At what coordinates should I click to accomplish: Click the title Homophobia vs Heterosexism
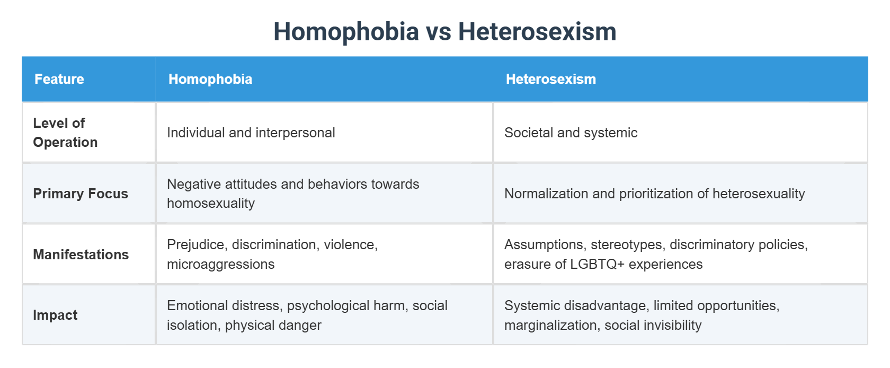coord(444,32)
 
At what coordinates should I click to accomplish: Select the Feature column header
coord(59,79)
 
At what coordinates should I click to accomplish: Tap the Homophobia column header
coord(210,79)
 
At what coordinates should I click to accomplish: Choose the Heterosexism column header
coord(550,79)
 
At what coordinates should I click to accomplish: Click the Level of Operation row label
coord(65,133)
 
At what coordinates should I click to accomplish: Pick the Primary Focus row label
coord(81,194)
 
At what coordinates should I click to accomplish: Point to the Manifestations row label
coord(81,255)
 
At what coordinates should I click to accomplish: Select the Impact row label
coord(55,315)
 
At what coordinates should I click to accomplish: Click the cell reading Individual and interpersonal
coord(251,133)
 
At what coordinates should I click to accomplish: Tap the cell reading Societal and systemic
coord(571,133)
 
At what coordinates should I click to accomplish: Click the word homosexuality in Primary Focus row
coord(211,204)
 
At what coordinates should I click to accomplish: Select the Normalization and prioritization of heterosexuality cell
coord(654,194)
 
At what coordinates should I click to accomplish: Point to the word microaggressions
coord(220,265)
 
